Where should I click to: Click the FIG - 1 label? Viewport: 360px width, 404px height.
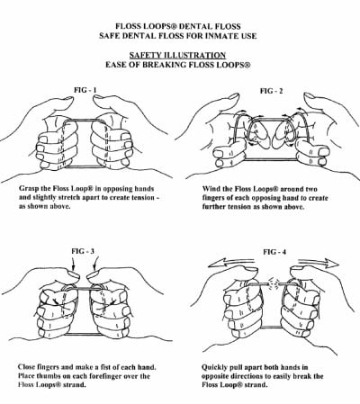(x=85, y=90)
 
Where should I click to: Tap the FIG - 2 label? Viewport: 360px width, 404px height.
(x=272, y=91)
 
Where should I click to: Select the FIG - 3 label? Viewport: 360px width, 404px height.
(x=83, y=251)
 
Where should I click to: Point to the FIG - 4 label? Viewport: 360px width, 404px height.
(x=274, y=252)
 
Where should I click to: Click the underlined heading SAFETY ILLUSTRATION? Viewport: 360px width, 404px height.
(x=177, y=55)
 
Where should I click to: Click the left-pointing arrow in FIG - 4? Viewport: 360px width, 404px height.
(x=232, y=263)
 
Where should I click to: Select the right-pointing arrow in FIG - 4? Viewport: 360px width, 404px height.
(x=318, y=263)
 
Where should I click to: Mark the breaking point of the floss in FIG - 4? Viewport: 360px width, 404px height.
(x=274, y=283)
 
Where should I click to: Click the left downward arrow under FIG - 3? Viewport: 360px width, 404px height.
(x=73, y=265)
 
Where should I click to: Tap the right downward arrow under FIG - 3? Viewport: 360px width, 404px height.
(x=95, y=264)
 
